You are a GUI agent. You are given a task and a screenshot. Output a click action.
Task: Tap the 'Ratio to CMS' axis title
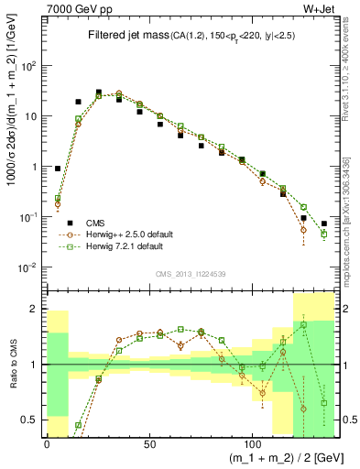(x=12, y=365)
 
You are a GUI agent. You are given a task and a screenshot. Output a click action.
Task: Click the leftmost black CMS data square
(x=58, y=169)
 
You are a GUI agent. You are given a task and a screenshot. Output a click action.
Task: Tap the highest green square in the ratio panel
(x=304, y=324)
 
